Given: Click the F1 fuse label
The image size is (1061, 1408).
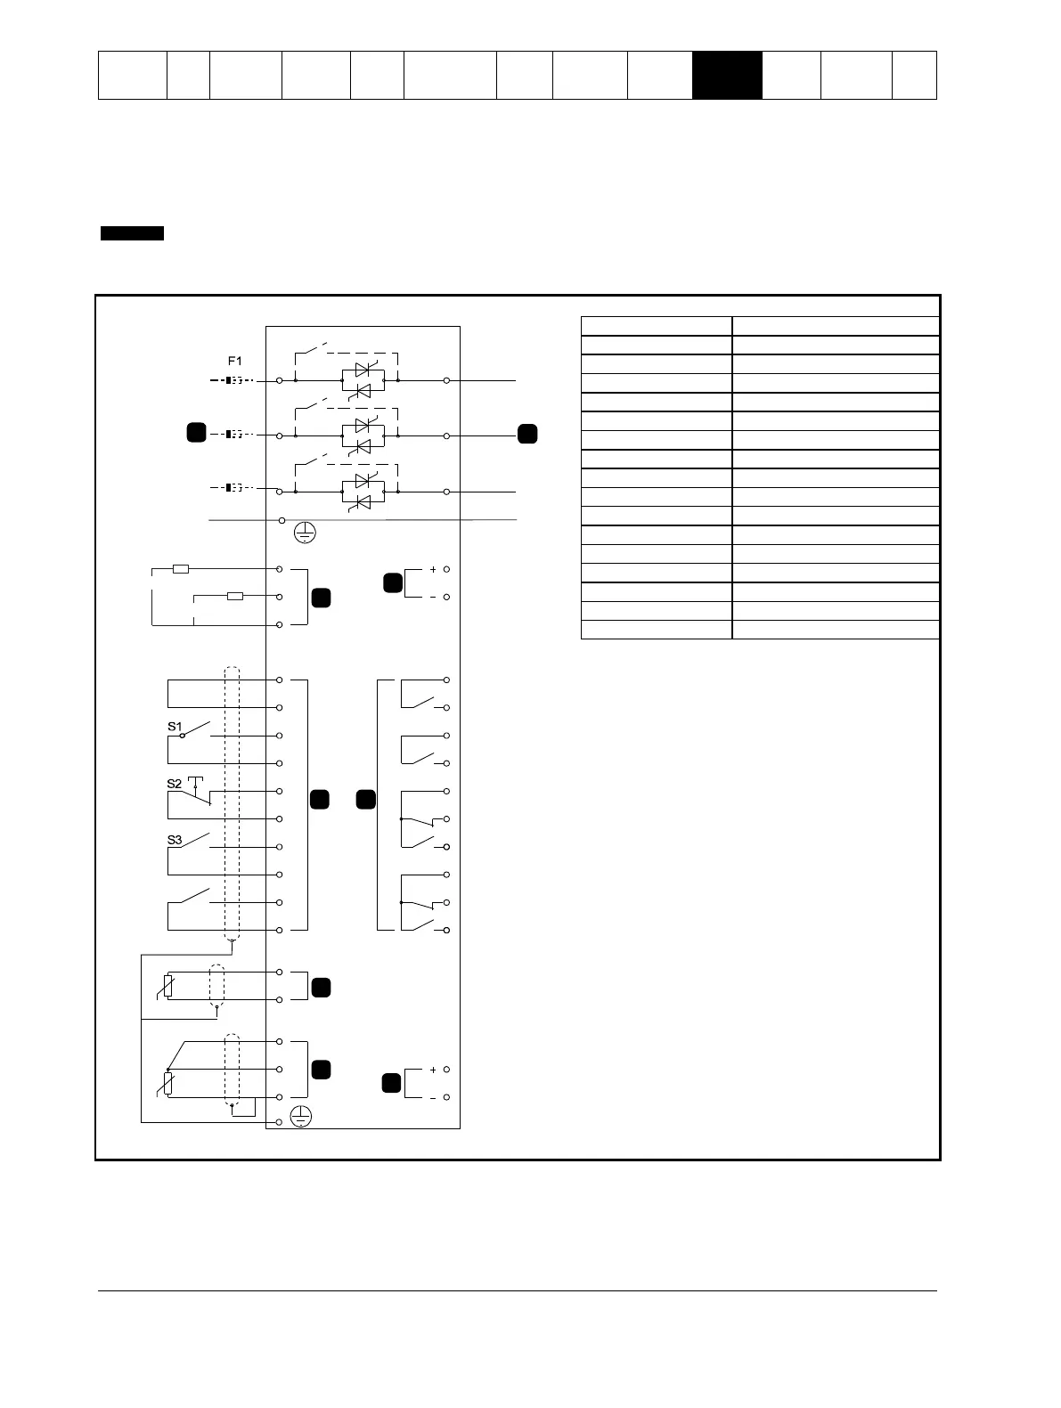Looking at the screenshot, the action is (x=234, y=362).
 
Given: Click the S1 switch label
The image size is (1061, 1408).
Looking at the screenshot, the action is (x=175, y=727).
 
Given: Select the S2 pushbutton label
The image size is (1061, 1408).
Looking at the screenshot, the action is (x=175, y=784).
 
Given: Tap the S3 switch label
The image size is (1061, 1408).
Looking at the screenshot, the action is (x=175, y=840).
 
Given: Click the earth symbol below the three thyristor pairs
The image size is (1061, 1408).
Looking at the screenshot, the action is (x=305, y=533).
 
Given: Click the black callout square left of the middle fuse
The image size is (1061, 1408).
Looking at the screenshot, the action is (x=196, y=433).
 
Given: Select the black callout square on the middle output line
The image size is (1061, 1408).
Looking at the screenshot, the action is (x=527, y=434).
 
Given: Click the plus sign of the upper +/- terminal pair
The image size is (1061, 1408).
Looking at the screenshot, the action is (x=433, y=569).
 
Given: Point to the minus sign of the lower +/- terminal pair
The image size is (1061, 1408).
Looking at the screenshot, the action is (x=433, y=1098).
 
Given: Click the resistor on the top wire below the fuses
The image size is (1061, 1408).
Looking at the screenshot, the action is (x=181, y=568).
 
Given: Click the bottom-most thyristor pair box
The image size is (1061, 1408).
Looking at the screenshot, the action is (x=363, y=492).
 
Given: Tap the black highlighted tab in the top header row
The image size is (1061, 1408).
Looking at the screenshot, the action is (x=727, y=75).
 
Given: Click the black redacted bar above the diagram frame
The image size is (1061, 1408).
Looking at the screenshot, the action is (x=132, y=233).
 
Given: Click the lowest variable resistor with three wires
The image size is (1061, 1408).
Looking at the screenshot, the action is (x=167, y=1083).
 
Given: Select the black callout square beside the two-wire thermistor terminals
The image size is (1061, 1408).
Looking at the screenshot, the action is (x=321, y=987).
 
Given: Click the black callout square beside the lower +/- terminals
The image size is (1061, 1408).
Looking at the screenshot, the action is (x=391, y=1083).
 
